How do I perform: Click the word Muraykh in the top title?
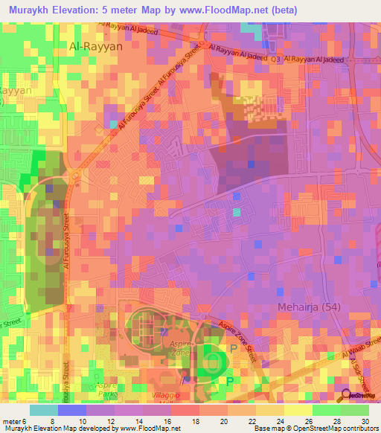[x=30, y=10]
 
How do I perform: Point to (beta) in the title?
[x=278, y=10]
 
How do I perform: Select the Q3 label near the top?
[x=275, y=59]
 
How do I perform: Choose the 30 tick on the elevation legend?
[x=364, y=420]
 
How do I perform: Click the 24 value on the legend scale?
[x=281, y=420]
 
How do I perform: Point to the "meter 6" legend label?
[x=14, y=420]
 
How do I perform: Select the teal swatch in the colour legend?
[x=44, y=410]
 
